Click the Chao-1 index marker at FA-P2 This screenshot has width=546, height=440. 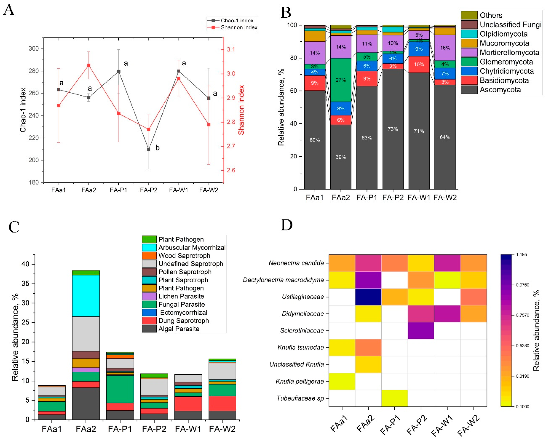[x=149, y=150]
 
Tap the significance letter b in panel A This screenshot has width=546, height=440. [x=157, y=148]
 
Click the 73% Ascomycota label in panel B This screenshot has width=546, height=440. [x=393, y=129]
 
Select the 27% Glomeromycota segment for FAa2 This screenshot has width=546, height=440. [x=341, y=80]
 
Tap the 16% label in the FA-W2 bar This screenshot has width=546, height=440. [x=445, y=48]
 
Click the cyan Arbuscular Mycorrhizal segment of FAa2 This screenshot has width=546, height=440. [x=86, y=296]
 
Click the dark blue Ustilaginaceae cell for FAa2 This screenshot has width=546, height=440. [x=368, y=297]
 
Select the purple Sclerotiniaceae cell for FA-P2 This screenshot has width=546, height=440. [x=421, y=331]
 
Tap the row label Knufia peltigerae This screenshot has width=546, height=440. [x=300, y=381]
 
